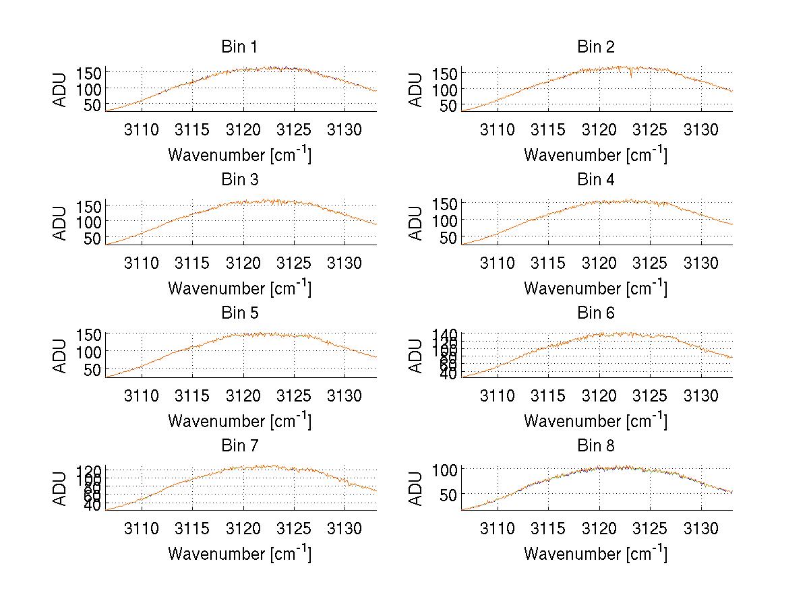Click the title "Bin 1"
(239, 47)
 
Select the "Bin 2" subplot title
(596, 47)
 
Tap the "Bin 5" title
(239, 313)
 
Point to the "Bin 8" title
(596, 446)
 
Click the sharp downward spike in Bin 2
(631, 75)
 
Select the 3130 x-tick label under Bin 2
(701, 130)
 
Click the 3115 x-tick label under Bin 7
(193, 529)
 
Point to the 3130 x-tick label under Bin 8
(701, 529)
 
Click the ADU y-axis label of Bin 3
(61, 223)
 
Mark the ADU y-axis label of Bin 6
(417, 356)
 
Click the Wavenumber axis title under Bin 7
(239, 554)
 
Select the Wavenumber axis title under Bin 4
(595, 288)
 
